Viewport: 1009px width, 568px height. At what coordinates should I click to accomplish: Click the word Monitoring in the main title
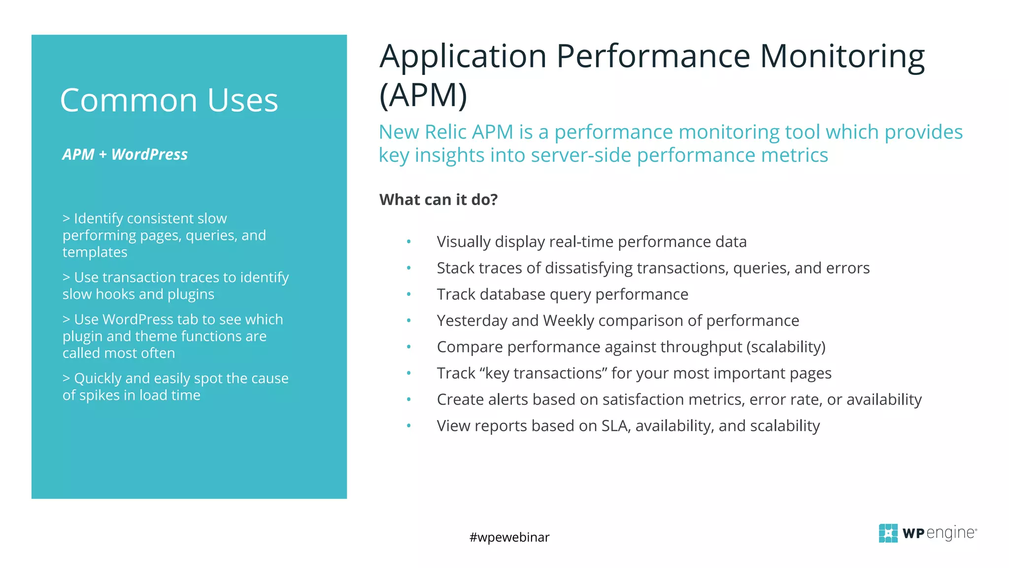pyautogui.click(x=842, y=57)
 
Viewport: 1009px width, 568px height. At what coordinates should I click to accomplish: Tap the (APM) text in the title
pyautogui.click(x=423, y=95)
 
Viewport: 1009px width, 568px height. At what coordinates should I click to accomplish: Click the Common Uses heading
pyautogui.click(x=169, y=100)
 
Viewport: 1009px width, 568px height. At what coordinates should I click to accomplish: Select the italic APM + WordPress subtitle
pyautogui.click(x=125, y=154)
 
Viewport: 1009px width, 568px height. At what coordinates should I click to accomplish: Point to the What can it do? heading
pyautogui.click(x=438, y=199)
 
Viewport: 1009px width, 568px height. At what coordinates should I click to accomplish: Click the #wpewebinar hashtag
pyautogui.click(x=509, y=537)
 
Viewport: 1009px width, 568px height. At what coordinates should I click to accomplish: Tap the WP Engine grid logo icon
pyautogui.click(x=888, y=533)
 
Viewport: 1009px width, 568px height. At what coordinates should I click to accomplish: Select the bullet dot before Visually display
pyautogui.click(x=408, y=242)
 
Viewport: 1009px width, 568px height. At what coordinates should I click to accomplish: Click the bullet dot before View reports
pyautogui.click(x=408, y=426)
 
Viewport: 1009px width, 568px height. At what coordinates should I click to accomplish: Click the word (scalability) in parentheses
pyautogui.click(x=786, y=347)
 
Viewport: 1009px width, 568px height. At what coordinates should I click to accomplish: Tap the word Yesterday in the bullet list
pyautogui.click(x=471, y=320)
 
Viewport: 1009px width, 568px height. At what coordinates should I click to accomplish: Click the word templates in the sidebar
pyautogui.click(x=95, y=252)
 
